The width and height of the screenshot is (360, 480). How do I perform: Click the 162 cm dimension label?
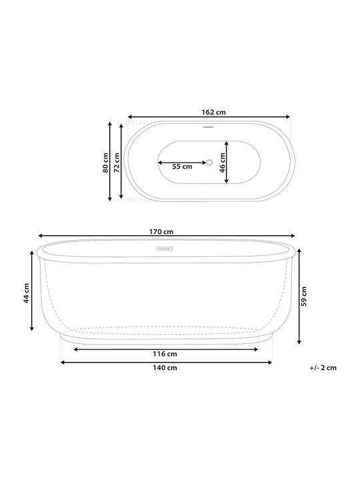tap(213, 113)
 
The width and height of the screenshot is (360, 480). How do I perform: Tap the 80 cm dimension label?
tap(105, 163)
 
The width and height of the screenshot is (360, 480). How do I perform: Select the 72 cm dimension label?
tap(117, 163)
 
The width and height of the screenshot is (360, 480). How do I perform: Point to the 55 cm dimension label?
tap(182, 167)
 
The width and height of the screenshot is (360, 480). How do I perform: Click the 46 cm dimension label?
tap(223, 163)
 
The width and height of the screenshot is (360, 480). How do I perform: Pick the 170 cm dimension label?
tap(161, 232)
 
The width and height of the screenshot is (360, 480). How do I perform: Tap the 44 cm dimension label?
tap(26, 293)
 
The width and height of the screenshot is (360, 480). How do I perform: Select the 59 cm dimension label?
tap(304, 296)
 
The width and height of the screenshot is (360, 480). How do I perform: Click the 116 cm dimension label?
tap(165, 354)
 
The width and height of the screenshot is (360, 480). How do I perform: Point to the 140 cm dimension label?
tap(165, 367)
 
